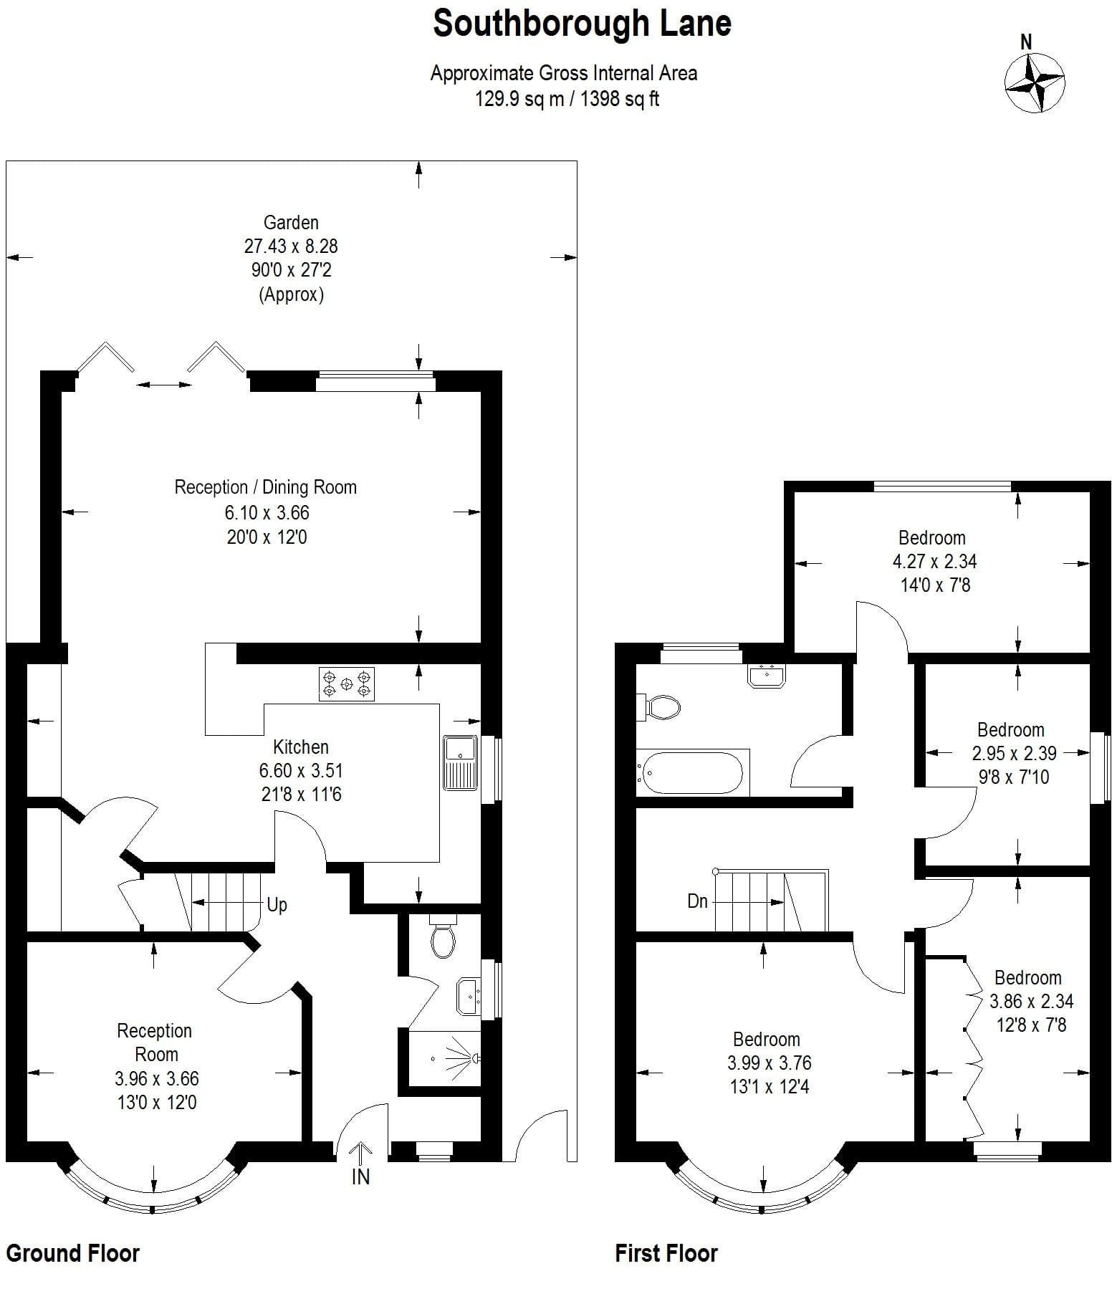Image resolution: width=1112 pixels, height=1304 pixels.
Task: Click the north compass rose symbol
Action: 1035,82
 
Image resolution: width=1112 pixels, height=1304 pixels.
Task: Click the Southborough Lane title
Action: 582,24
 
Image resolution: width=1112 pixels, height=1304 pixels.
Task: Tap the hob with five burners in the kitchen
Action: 347,684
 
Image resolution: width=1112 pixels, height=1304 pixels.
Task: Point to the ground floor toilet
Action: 443,936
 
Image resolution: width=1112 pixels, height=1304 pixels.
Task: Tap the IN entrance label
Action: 360,1176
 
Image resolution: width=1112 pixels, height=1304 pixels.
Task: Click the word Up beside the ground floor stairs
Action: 277,905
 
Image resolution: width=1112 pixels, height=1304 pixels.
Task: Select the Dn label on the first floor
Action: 697,901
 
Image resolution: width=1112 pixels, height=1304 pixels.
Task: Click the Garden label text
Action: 291,222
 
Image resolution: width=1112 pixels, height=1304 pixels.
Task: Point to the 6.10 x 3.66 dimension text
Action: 267,512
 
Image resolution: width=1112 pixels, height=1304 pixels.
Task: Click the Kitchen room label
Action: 301,747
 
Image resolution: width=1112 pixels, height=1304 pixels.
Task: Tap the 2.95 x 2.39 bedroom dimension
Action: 1014,753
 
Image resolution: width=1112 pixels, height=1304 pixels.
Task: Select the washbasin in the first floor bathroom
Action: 767,675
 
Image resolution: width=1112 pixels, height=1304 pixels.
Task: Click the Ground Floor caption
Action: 72,1253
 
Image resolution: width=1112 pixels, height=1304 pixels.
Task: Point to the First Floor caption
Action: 666,1253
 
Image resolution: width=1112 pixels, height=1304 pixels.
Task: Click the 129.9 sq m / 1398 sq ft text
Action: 567,98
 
